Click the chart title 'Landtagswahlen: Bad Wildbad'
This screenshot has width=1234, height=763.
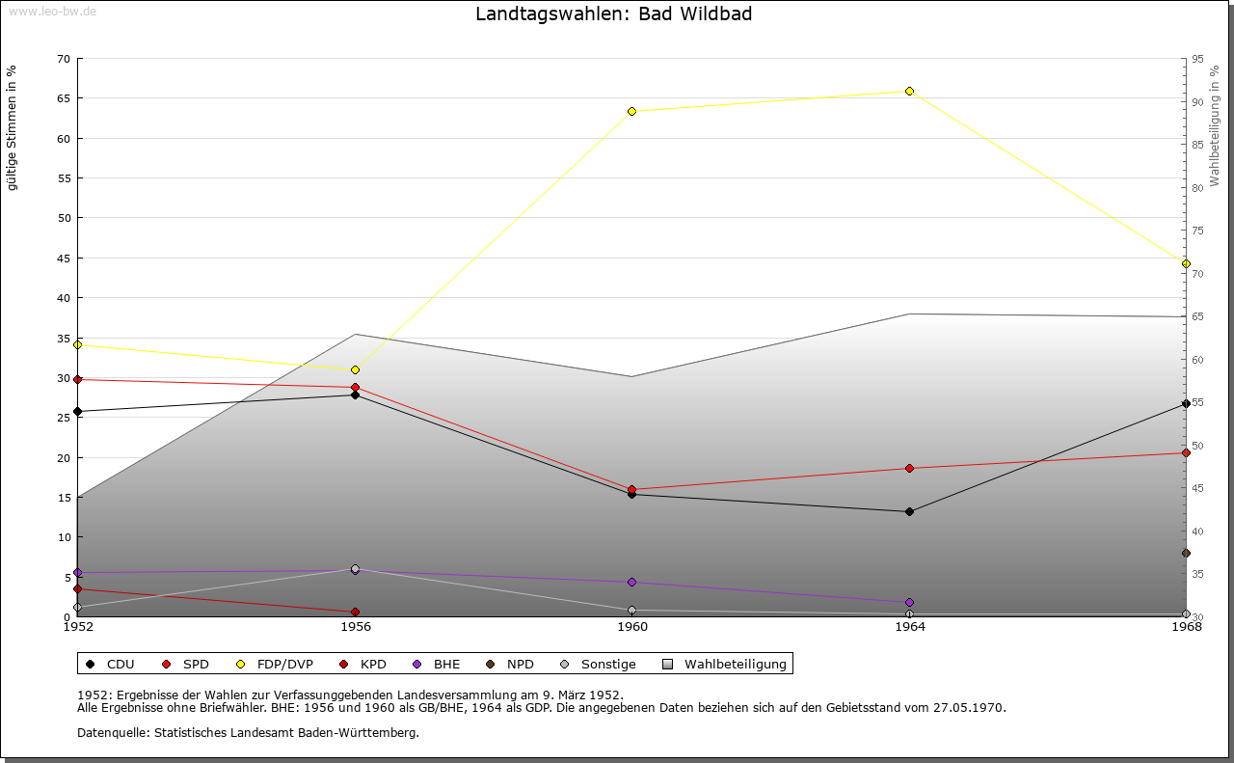(x=614, y=14)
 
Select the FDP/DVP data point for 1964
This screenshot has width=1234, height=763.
(x=909, y=92)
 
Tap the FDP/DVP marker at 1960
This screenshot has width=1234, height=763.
(x=631, y=112)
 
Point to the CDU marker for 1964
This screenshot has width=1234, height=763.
(x=909, y=511)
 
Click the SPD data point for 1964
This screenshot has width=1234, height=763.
(x=909, y=469)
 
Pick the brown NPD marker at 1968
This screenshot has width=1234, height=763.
(x=1186, y=553)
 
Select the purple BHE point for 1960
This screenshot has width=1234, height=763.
(x=631, y=583)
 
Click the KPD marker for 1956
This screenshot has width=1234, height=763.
(x=355, y=612)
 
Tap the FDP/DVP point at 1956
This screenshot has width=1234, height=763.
(x=355, y=369)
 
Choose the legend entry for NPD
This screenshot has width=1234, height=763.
(x=512, y=664)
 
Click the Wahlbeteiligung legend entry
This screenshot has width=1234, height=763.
(x=725, y=664)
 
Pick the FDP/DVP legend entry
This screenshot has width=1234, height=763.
(x=275, y=664)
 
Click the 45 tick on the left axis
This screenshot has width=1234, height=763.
(x=64, y=258)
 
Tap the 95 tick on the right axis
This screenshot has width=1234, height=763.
(x=1196, y=59)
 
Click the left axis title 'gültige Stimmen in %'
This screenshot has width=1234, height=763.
(x=13, y=127)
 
